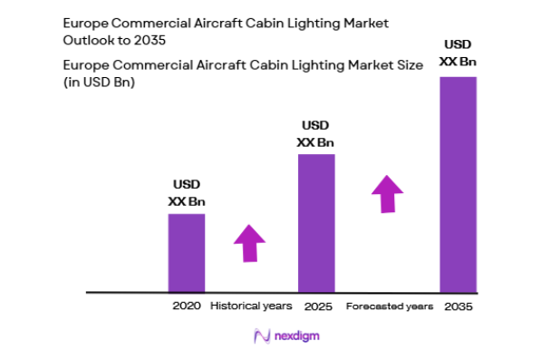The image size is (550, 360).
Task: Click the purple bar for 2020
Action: [186, 253]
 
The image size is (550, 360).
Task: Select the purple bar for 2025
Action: [316, 223]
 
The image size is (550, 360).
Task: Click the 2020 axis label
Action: [186, 306]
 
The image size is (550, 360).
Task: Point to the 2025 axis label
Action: [316, 306]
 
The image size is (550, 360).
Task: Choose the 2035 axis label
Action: [458, 306]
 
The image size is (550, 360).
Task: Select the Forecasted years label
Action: [390, 306]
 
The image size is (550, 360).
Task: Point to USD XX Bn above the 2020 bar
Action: [187, 193]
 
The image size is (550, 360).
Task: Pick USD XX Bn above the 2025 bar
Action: [316, 133]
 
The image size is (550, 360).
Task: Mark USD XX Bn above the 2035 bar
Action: [458, 53]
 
